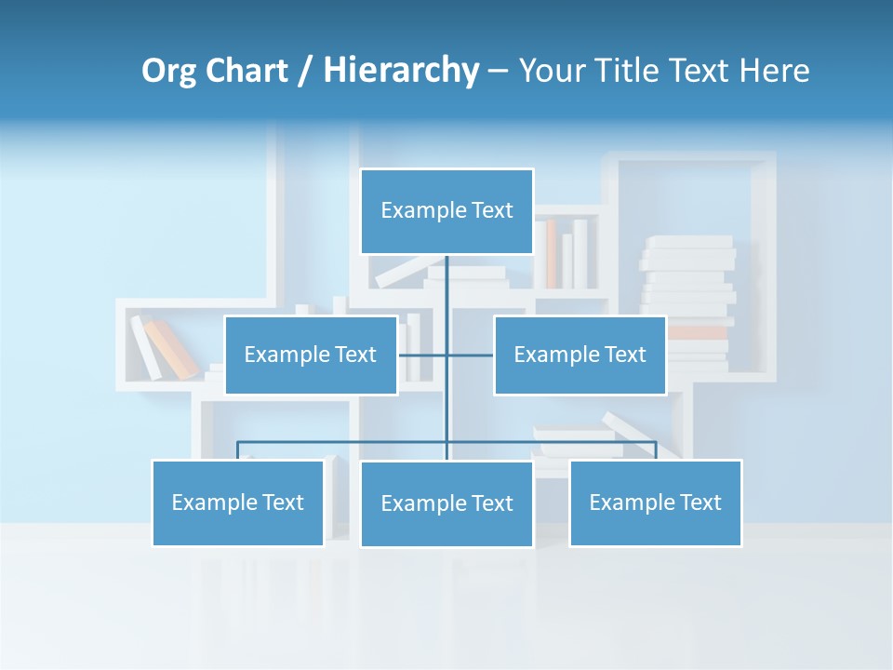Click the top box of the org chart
click(446, 211)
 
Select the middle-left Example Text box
click(311, 355)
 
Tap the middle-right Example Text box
click(580, 355)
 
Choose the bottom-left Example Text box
click(238, 502)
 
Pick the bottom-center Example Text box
click(446, 503)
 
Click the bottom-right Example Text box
click(655, 502)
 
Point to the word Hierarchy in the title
click(400, 71)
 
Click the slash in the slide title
click(304, 71)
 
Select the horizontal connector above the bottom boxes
click(344, 442)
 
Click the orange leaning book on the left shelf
click(172, 349)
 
